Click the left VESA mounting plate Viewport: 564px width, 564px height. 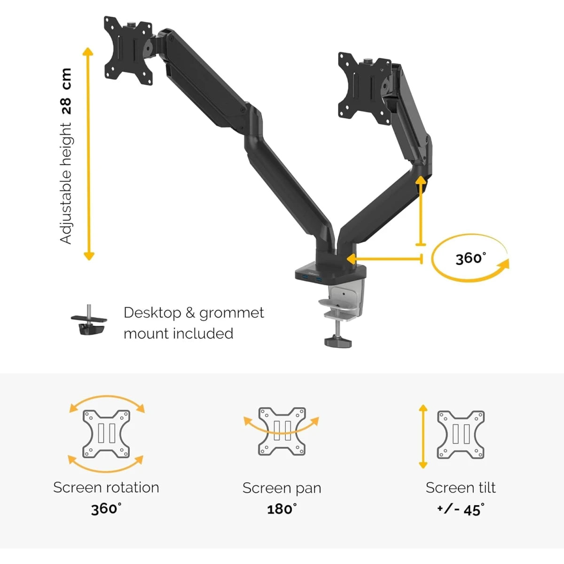pos(128,50)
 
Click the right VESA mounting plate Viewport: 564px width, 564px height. pos(364,88)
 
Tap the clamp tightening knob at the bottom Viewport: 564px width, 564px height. pos(338,342)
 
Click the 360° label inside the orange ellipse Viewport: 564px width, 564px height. pos(470,258)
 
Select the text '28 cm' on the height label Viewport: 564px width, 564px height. pos(66,91)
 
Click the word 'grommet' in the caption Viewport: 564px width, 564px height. pos(232,313)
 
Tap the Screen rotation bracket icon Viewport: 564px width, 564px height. pos(106,434)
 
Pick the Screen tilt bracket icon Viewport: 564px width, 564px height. pos(461,434)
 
